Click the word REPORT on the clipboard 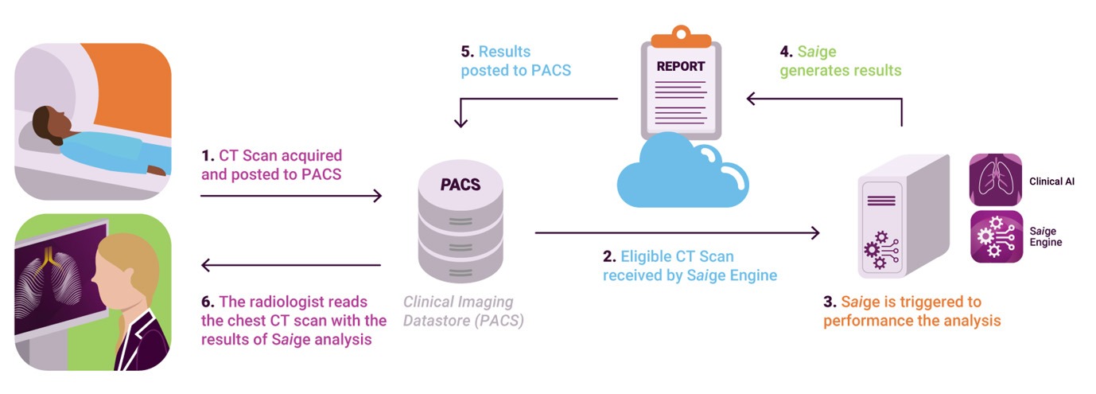[x=682, y=67]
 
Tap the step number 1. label [x=207, y=155]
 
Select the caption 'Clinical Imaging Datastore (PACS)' [x=458, y=311]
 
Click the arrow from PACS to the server [x=676, y=232]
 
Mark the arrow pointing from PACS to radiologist [x=291, y=265]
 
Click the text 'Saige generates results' [x=840, y=61]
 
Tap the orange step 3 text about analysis [x=911, y=312]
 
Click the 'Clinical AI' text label [x=1051, y=181]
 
